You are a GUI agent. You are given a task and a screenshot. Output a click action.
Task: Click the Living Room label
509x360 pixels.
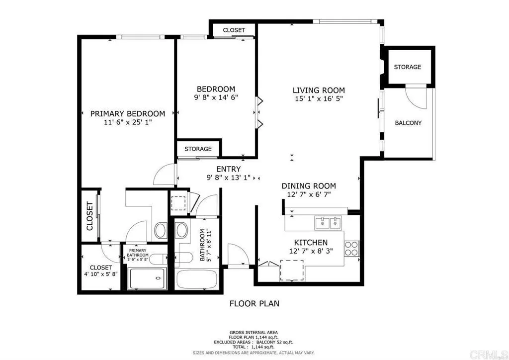click(x=318, y=90)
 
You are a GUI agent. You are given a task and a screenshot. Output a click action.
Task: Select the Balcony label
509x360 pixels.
click(x=408, y=123)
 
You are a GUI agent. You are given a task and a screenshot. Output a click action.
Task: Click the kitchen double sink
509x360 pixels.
click(x=329, y=223)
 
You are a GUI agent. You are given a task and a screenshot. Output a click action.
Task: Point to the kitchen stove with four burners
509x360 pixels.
click(x=351, y=248)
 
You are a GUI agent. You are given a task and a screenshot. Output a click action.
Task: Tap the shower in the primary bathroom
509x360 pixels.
click(x=148, y=278)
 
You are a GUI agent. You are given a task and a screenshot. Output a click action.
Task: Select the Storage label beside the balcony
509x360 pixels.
click(x=407, y=67)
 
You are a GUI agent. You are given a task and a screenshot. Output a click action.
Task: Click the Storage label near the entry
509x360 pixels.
click(x=198, y=149)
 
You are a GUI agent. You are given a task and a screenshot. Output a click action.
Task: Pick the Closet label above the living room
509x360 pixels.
click(x=234, y=30)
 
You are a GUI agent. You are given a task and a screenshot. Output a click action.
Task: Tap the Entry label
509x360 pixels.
click(x=228, y=169)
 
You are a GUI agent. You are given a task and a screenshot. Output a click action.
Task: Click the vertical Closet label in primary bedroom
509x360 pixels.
click(x=90, y=216)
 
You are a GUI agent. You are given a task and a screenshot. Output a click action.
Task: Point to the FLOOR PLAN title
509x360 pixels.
click(x=254, y=303)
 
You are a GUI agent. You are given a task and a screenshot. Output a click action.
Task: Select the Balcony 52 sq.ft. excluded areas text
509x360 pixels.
click(x=254, y=342)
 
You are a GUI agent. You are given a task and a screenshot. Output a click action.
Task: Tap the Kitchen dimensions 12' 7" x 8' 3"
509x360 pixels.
click(x=309, y=251)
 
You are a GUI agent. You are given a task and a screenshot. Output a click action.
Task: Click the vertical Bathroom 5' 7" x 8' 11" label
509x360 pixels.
click(x=205, y=245)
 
